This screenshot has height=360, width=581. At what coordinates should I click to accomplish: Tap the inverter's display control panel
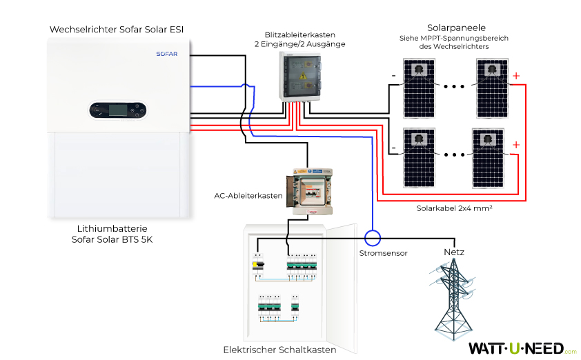[117, 109]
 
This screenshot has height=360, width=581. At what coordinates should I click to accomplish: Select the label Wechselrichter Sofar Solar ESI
[116, 29]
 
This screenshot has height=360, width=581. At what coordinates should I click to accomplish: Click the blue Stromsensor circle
[373, 238]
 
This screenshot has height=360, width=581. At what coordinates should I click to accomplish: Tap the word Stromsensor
[383, 253]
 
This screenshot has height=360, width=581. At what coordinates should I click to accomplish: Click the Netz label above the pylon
[453, 252]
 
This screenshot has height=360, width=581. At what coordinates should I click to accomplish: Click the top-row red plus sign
[515, 75]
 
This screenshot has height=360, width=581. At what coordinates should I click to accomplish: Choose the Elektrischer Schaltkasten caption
[279, 350]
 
